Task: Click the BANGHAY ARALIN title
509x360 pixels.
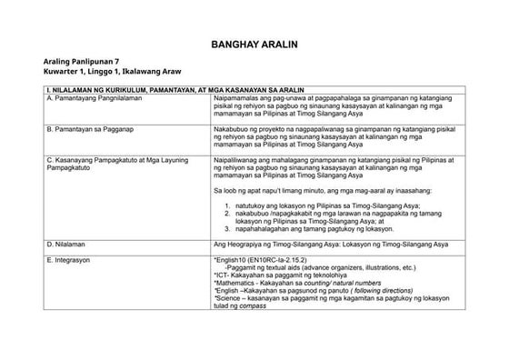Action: click(x=254, y=44)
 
